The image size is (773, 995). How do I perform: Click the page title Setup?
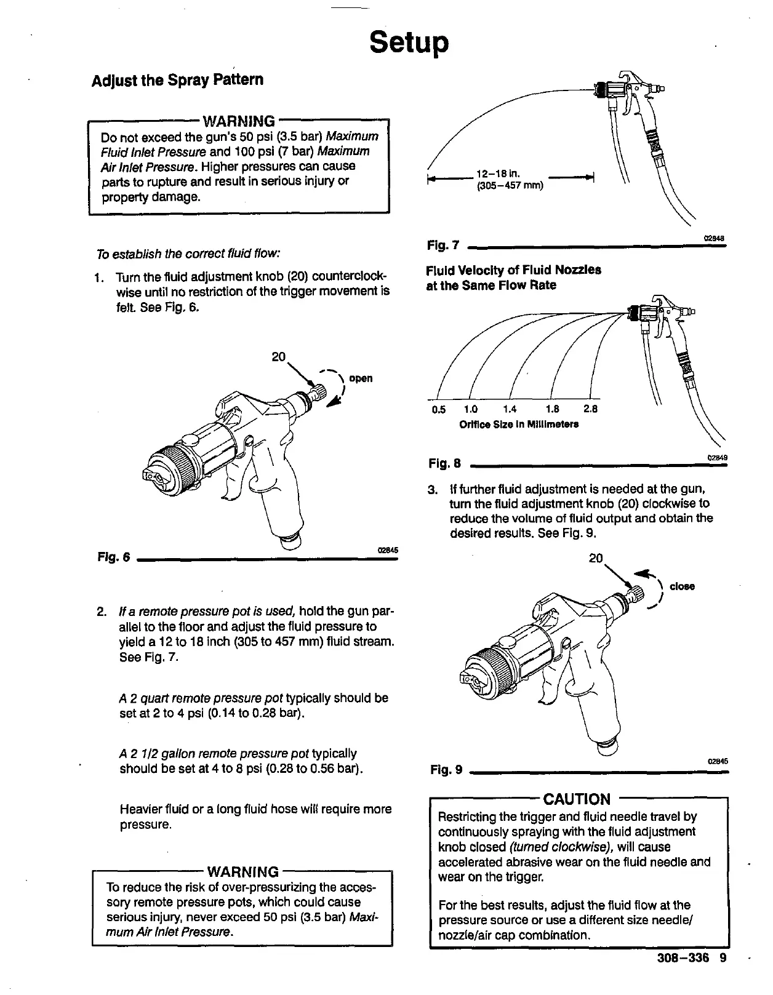(409, 42)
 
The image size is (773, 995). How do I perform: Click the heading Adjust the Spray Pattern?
(177, 80)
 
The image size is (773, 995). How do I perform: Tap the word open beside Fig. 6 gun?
(361, 378)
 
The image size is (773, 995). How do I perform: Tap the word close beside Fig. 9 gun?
(682, 586)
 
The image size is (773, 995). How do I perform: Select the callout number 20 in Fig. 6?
(279, 357)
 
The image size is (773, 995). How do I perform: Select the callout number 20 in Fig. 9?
(596, 558)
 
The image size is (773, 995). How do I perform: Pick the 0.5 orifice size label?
(438, 409)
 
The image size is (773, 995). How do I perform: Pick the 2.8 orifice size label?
(590, 409)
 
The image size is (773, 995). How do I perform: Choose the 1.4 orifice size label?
(510, 409)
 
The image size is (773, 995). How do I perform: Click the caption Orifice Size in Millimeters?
(519, 425)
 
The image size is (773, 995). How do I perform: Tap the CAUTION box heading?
(577, 799)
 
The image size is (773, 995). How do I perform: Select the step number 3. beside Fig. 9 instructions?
(432, 490)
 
